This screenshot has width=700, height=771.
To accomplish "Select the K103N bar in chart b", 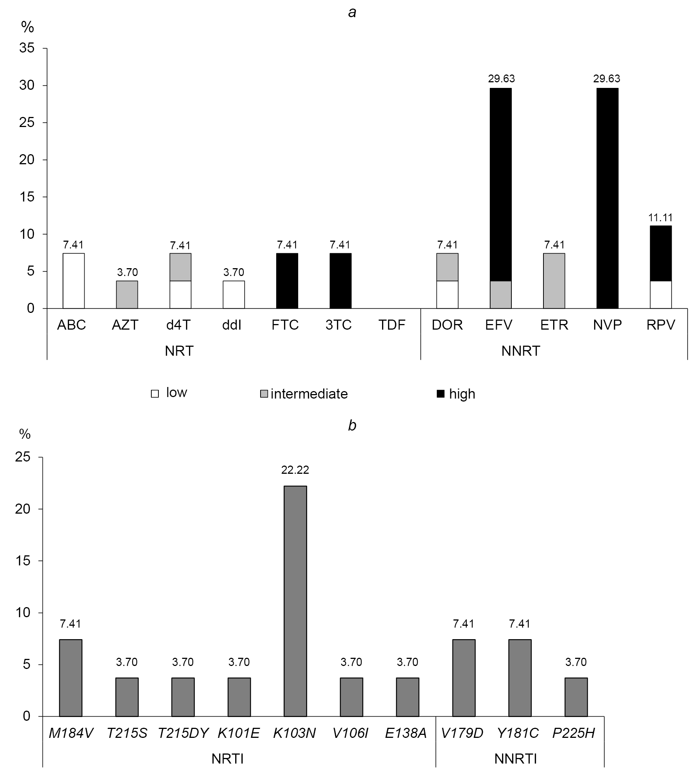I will pos(295,601).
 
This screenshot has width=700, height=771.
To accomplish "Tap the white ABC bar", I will pos(73,281).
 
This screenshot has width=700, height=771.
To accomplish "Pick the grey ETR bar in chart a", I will pos(554,281).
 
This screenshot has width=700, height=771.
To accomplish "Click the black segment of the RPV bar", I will pos(660,253).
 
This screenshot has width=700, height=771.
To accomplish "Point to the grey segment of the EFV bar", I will pos(500,295).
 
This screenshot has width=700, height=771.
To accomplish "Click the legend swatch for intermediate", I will pos(264,394).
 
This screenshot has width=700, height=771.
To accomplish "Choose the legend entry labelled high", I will pos(462,394).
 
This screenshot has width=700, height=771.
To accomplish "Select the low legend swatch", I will pos(155,394).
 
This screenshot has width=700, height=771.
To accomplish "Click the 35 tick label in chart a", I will pos(27,48).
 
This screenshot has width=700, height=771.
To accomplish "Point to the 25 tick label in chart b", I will pos(23,457).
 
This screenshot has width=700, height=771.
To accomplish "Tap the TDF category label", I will pos(391,325).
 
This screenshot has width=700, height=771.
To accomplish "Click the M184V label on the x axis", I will pos(71,733).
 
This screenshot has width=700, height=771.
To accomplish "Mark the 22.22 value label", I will pos(295,470).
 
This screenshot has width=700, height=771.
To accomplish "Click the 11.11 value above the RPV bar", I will pos(660,218).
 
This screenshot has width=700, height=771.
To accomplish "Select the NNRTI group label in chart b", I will pos(515,759).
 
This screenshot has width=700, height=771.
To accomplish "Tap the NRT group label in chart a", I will pos(179,351).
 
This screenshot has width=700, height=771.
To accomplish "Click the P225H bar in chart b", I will pos(576,697).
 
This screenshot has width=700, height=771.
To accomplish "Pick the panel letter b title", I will pos(352,425).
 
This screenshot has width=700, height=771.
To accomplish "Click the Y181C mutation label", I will pos(517,733).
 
